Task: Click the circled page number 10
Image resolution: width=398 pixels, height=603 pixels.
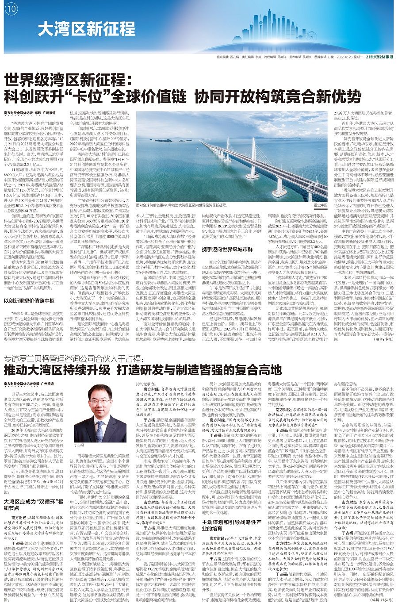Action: click(11, 8)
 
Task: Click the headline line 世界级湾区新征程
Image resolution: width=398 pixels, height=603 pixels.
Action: click(74, 81)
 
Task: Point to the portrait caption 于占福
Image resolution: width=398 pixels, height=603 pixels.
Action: click(79, 446)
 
